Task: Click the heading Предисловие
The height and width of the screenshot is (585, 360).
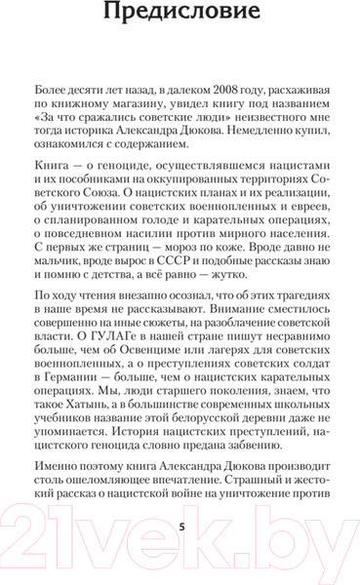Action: [x=180, y=14]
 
